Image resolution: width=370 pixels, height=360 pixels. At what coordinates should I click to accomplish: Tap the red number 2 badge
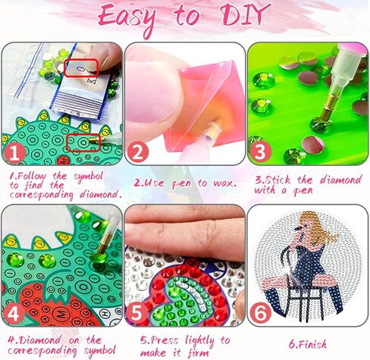(139, 153)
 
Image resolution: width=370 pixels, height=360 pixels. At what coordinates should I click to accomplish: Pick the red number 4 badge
(16, 311)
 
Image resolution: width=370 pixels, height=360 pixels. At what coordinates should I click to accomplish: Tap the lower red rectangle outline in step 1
(83, 141)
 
